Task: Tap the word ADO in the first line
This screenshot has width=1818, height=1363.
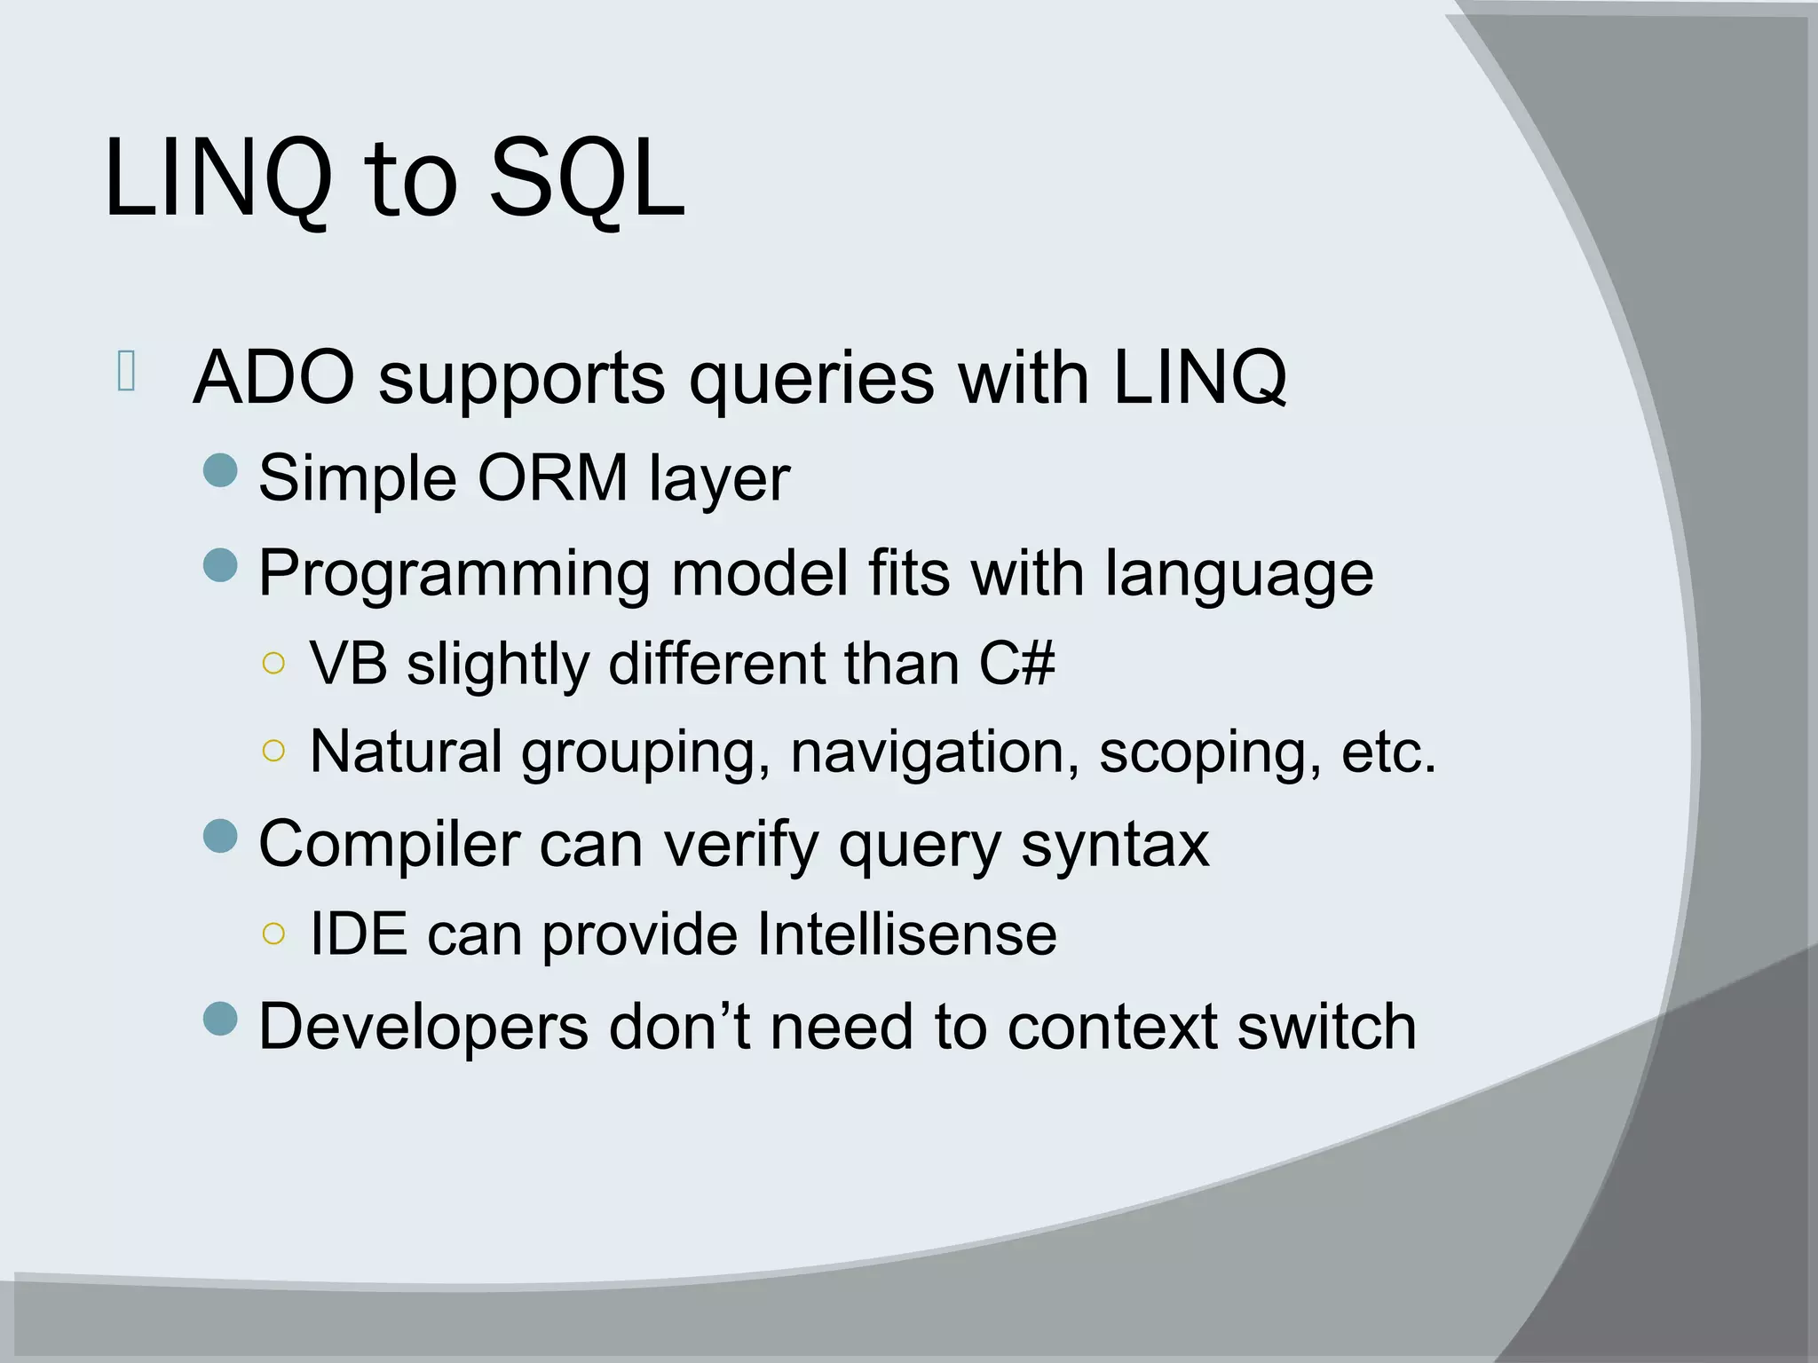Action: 273,377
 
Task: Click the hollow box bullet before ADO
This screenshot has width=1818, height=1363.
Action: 126,371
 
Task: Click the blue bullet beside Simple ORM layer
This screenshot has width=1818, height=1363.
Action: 220,470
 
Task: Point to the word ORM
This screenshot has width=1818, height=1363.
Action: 552,478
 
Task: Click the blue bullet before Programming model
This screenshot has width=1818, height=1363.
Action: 220,564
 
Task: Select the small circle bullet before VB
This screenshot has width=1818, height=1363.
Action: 274,663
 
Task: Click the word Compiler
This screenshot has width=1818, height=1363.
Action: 389,844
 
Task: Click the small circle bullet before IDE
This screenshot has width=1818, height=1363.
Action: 274,933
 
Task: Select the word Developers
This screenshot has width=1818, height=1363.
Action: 423,1027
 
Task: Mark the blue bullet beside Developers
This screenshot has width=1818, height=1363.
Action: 220,1019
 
